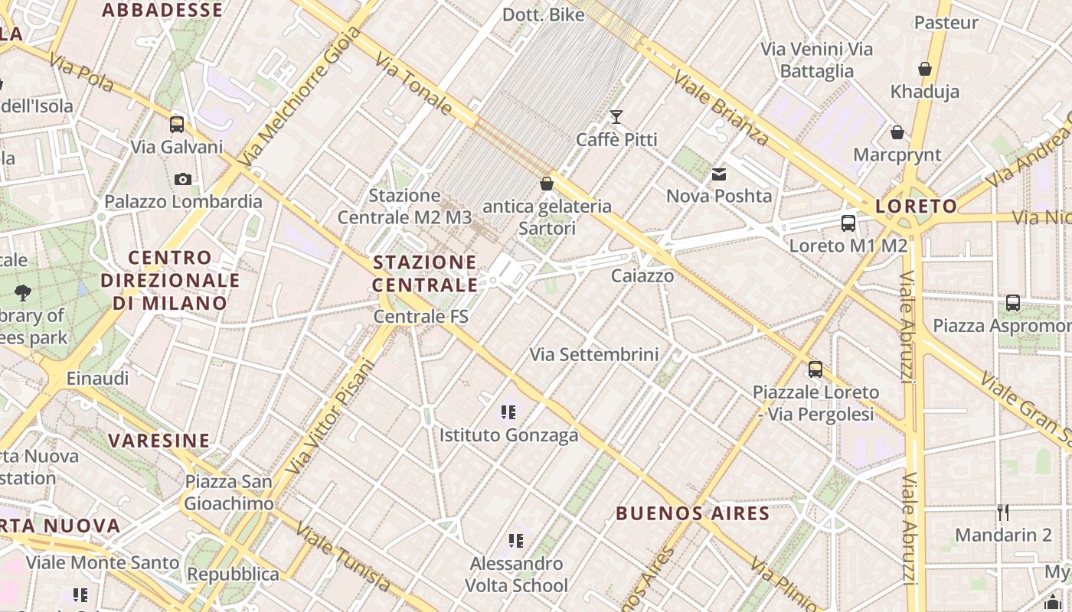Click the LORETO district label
click(x=916, y=206)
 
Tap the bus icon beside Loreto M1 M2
click(x=848, y=223)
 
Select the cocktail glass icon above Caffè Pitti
click(x=616, y=117)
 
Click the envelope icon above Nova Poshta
click(x=718, y=174)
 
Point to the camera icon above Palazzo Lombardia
click(x=182, y=179)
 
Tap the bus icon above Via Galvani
click(x=177, y=124)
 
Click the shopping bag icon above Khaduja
click(x=924, y=69)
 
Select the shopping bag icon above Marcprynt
click(x=897, y=132)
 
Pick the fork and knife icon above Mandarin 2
click(x=1003, y=512)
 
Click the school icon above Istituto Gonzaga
click(x=508, y=413)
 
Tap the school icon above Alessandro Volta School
click(x=516, y=542)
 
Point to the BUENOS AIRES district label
click(x=692, y=513)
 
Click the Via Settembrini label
click(x=594, y=354)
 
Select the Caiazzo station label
click(x=642, y=275)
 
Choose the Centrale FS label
click(x=420, y=316)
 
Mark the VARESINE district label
click(x=159, y=441)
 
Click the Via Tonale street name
click(x=413, y=84)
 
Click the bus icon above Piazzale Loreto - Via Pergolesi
click(x=815, y=369)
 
